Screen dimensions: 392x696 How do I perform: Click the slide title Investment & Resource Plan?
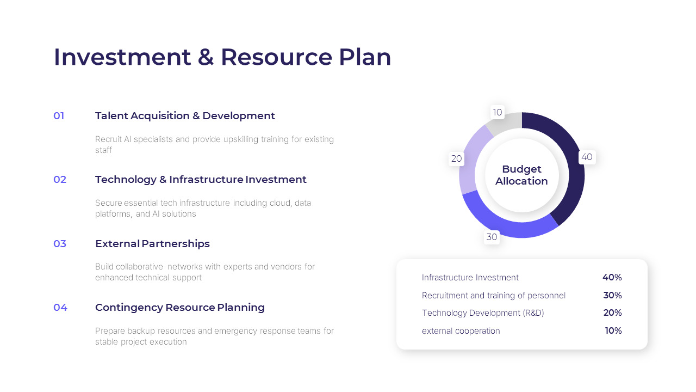222,57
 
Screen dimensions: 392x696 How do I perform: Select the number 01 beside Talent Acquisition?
59,116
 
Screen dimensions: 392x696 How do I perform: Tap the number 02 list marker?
60,180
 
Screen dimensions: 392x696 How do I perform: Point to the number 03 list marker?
60,244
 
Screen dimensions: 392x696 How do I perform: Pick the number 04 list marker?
60,308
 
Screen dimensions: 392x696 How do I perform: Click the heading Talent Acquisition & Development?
185,116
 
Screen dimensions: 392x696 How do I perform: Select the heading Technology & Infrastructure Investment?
201,180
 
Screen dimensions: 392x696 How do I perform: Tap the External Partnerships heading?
152,244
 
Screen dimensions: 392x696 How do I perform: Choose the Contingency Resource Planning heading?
180,308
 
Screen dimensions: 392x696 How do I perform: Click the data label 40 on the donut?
587,157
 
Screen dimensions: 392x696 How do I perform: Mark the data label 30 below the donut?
492,237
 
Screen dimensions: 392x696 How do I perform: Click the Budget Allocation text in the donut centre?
521,175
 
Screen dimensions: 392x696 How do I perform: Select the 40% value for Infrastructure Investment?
612,278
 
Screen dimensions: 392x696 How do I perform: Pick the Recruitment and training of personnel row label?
494,296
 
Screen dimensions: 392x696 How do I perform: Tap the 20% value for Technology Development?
612,313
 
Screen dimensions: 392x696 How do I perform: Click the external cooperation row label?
461,331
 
